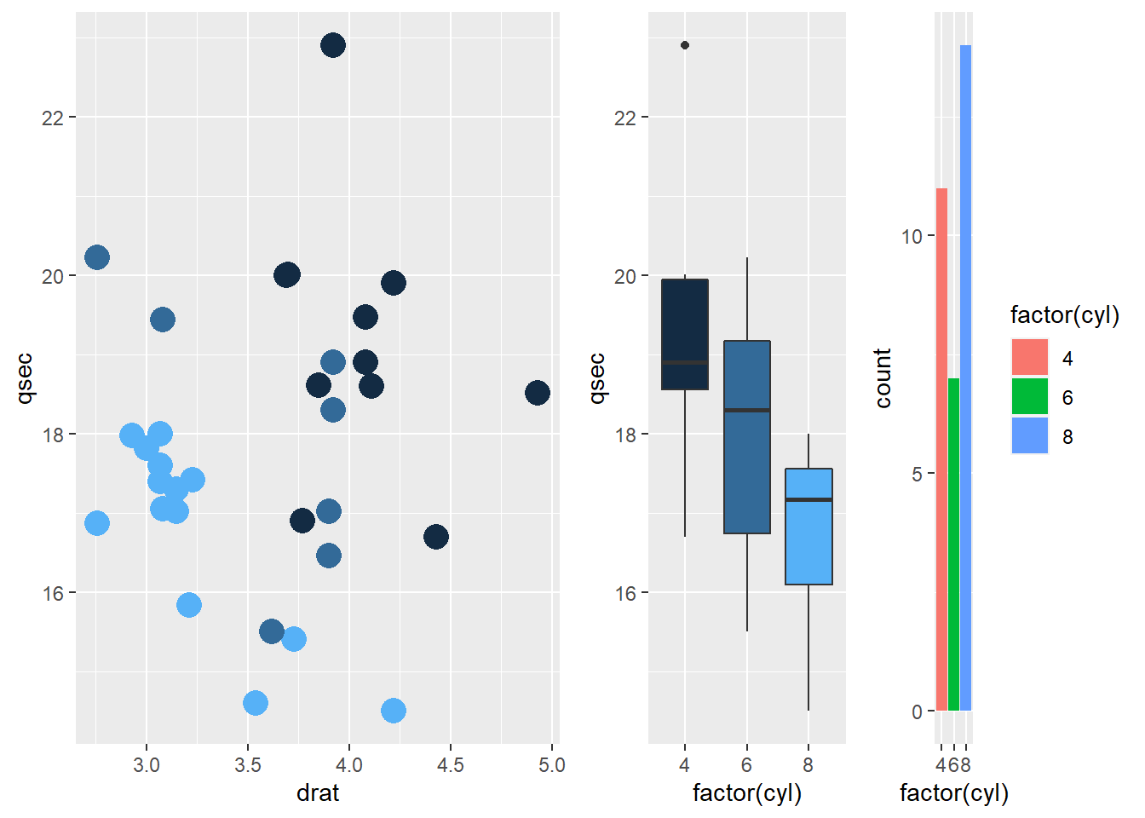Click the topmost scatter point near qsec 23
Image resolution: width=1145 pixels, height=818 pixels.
[333, 45]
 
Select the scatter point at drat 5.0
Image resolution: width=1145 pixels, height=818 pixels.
[537, 393]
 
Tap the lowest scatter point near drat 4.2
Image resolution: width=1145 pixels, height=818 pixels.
[394, 711]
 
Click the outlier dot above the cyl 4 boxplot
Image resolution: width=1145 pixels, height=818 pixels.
[685, 45]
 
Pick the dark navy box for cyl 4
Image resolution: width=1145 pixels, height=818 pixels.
[685, 334]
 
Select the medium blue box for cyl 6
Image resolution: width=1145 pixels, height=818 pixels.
[747, 437]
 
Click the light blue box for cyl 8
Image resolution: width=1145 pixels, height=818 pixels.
[808, 527]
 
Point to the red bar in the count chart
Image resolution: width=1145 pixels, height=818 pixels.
[941, 449]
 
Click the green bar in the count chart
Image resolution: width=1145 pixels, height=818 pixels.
[953, 544]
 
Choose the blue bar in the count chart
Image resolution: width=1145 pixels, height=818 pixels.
[965, 377]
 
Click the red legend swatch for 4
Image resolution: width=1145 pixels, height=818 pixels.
[1030, 358]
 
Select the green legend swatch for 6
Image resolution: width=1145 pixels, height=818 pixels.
[1030, 397]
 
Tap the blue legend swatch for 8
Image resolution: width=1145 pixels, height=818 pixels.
[1030, 436]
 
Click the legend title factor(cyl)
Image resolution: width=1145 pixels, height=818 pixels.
[1064, 315]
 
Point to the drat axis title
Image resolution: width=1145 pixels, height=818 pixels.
[318, 793]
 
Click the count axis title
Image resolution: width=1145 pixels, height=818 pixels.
[883, 378]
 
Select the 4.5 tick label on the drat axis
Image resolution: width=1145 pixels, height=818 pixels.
[450, 765]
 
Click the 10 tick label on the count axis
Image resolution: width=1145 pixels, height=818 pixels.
[912, 236]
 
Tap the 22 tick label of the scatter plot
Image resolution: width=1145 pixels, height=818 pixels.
[53, 118]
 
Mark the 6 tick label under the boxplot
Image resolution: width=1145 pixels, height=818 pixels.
[747, 765]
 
